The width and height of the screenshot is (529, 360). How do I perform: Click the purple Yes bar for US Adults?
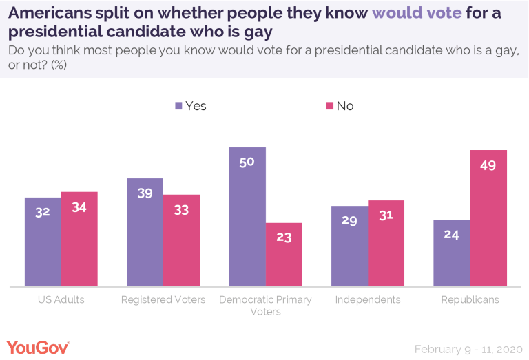43,242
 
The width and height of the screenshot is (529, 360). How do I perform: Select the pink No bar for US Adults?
79,239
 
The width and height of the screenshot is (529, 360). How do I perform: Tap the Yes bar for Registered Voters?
145,232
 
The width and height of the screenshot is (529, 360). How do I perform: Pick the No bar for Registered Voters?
181,240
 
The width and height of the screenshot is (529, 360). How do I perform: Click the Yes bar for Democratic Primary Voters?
247,217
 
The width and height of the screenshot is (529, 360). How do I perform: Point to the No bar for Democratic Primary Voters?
284,255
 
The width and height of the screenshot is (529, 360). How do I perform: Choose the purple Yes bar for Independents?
349,246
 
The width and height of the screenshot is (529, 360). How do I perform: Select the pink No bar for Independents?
386,243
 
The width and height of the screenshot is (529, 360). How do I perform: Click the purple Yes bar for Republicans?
452,253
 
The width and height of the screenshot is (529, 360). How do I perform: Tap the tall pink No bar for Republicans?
488,218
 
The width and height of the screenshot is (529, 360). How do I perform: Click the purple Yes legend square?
179,106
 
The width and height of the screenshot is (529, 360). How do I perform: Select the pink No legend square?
329,106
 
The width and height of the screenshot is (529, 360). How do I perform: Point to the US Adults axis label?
61,300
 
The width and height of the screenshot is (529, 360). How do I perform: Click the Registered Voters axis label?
163,300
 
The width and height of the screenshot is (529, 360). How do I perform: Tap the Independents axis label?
367,300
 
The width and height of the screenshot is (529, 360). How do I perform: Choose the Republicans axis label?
470,300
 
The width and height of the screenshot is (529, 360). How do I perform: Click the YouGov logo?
39,347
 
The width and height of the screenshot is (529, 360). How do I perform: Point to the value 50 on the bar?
247,162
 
